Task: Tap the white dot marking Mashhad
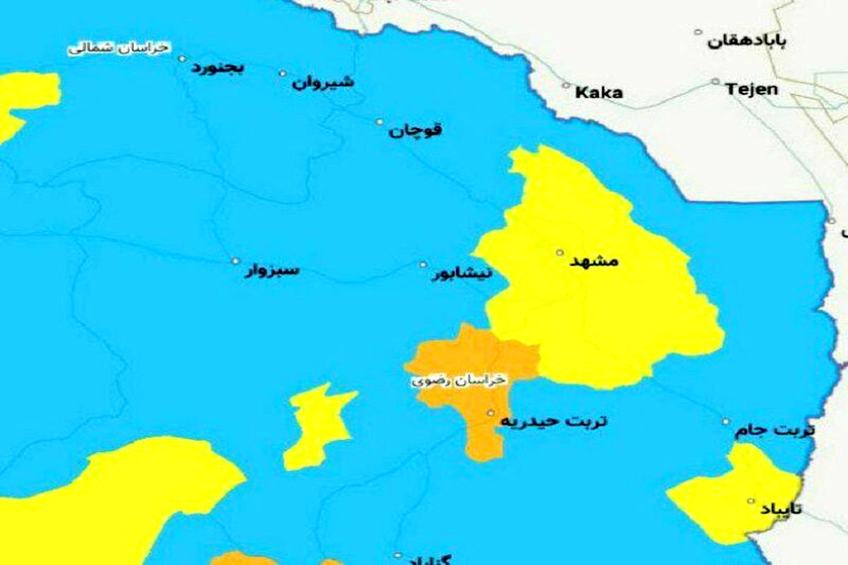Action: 560,252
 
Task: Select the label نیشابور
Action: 462,273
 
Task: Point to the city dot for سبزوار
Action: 235,260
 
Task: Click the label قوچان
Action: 416,130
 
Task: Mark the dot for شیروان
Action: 283,73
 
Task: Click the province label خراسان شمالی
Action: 119,48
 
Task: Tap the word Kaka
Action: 599,93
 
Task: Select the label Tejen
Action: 751,90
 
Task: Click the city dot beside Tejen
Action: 715,81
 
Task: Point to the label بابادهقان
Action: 746,41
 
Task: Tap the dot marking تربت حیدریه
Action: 490,412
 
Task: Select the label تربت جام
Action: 775,430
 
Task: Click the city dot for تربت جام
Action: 726,422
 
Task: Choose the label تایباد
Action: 781,509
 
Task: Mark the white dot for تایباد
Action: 751,501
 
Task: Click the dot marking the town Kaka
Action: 565,85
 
